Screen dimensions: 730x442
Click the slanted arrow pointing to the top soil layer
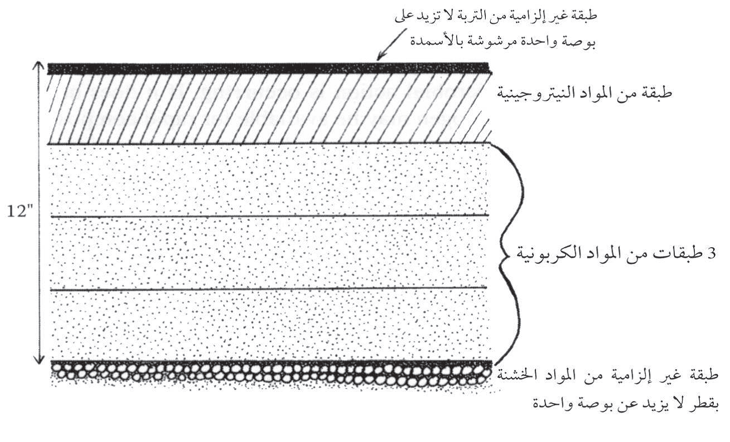click(x=392, y=45)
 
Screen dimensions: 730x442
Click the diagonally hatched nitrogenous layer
click(x=269, y=109)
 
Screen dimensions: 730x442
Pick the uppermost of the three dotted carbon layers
click(x=269, y=179)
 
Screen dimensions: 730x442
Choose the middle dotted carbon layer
click(x=269, y=252)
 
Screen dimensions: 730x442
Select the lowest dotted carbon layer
click(x=269, y=324)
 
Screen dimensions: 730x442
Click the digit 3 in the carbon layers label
click(x=711, y=253)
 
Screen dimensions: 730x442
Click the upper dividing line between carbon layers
click(x=270, y=215)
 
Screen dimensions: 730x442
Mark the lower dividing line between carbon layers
click(x=269, y=288)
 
